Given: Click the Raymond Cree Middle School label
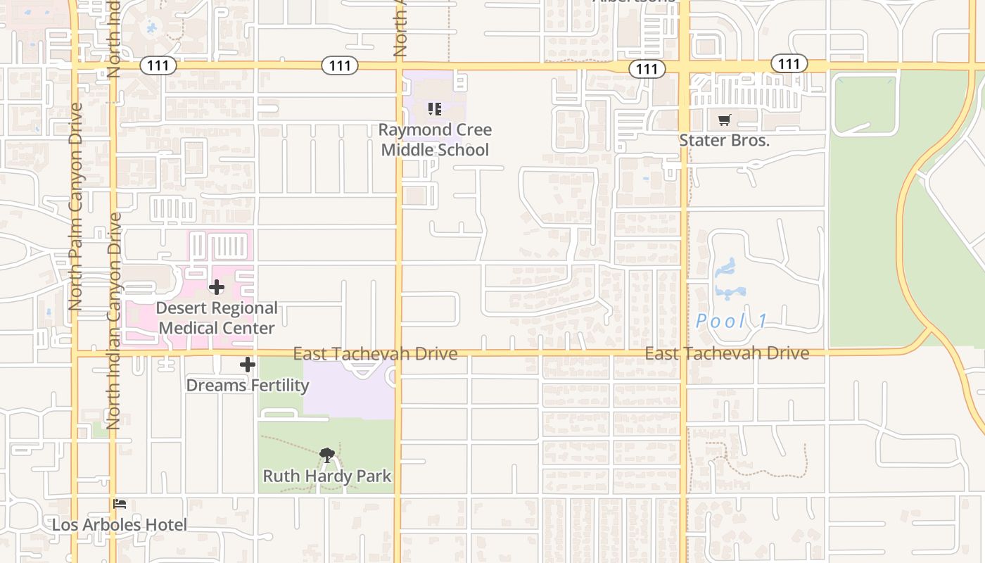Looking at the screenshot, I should pyautogui.click(x=435, y=139).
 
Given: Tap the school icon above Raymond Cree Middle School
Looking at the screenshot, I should pyautogui.click(x=435, y=109).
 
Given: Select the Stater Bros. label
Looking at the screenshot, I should pyautogui.click(x=724, y=140).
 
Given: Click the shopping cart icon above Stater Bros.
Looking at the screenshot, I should pyautogui.click(x=724, y=120).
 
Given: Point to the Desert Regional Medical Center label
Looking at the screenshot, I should pyautogui.click(x=217, y=318).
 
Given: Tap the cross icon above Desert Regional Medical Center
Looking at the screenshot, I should pyautogui.click(x=217, y=287).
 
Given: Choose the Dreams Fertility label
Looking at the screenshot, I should pyautogui.click(x=247, y=385).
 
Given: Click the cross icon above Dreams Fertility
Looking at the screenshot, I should pyautogui.click(x=247, y=365).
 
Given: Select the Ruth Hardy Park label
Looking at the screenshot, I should pyautogui.click(x=327, y=476).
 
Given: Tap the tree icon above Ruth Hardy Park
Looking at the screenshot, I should pyautogui.click(x=326, y=456).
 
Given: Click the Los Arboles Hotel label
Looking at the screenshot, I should pyautogui.click(x=120, y=525).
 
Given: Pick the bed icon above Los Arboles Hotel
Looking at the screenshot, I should pyautogui.click(x=120, y=504).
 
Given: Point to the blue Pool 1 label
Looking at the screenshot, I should pyautogui.click(x=732, y=322).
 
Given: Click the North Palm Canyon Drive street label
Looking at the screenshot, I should pyautogui.click(x=76, y=207).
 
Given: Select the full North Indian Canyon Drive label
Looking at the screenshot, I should pyautogui.click(x=113, y=320).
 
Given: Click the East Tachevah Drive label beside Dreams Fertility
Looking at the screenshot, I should pyautogui.click(x=375, y=353).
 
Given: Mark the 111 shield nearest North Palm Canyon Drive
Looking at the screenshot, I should pyautogui.click(x=158, y=65).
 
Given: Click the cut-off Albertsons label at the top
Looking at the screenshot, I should pyautogui.click(x=635, y=1).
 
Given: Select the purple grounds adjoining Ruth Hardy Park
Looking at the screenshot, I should pyautogui.click(x=348, y=394).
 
